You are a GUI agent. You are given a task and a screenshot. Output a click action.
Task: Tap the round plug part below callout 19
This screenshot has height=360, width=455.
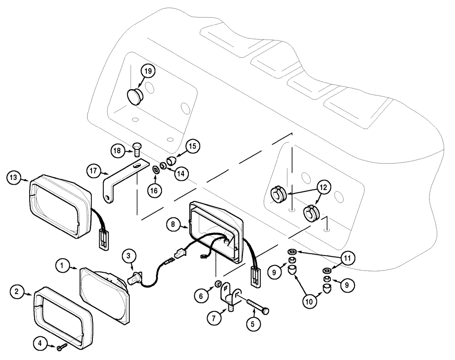coord(134,96)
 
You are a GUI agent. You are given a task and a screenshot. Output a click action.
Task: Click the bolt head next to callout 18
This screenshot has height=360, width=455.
coord(136,146)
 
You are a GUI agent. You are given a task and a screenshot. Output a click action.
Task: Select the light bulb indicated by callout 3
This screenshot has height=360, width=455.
coord(135,275)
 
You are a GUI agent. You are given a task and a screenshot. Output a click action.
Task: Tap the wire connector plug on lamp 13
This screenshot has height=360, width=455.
coord(104,239)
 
